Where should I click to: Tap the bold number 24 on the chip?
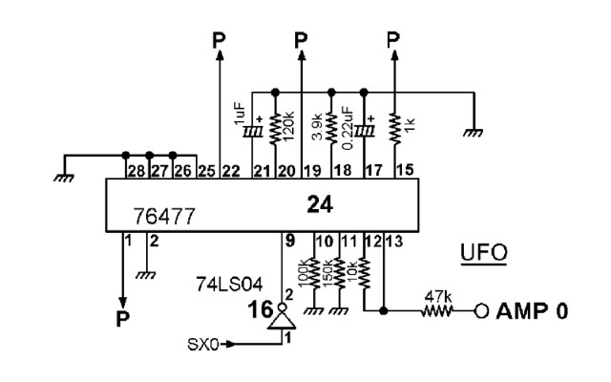319,202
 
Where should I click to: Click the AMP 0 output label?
524,310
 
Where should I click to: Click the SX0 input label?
201,342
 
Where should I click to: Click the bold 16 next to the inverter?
258,311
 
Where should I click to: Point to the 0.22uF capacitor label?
349,121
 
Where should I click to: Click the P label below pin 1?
121,318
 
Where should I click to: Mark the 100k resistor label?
305,275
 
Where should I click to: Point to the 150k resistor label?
328,275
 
